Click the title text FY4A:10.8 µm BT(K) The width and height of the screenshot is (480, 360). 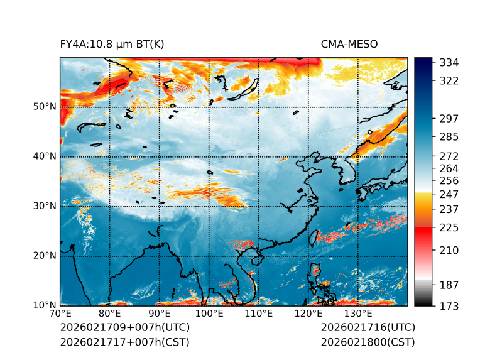pyautogui.click(x=112, y=44)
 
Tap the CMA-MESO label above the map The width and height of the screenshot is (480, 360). pyautogui.click(x=349, y=44)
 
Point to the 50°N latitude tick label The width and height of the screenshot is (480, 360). pyautogui.click(x=45, y=106)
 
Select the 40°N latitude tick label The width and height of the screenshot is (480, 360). pyautogui.click(x=45, y=156)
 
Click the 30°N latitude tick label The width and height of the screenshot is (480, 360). pyautogui.click(x=45, y=205)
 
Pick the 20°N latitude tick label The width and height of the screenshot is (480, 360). pyautogui.click(x=45, y=255)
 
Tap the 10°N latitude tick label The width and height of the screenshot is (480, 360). pyautogui.click(x=45, y=305)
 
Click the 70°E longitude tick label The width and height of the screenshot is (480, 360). pyautogui.click(x=60, y=314)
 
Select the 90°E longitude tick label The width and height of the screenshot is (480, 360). pyautogui.click(x=160, y=314)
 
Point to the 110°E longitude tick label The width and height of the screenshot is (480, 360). pyautogui.click(x=259, y=314)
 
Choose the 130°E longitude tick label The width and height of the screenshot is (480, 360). pyautogui.click(x=358, y=314)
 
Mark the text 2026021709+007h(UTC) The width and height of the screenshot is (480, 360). pyautogui.click(x=124, y=327)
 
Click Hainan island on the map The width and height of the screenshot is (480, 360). pyautogui.click(x=254, y=259)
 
